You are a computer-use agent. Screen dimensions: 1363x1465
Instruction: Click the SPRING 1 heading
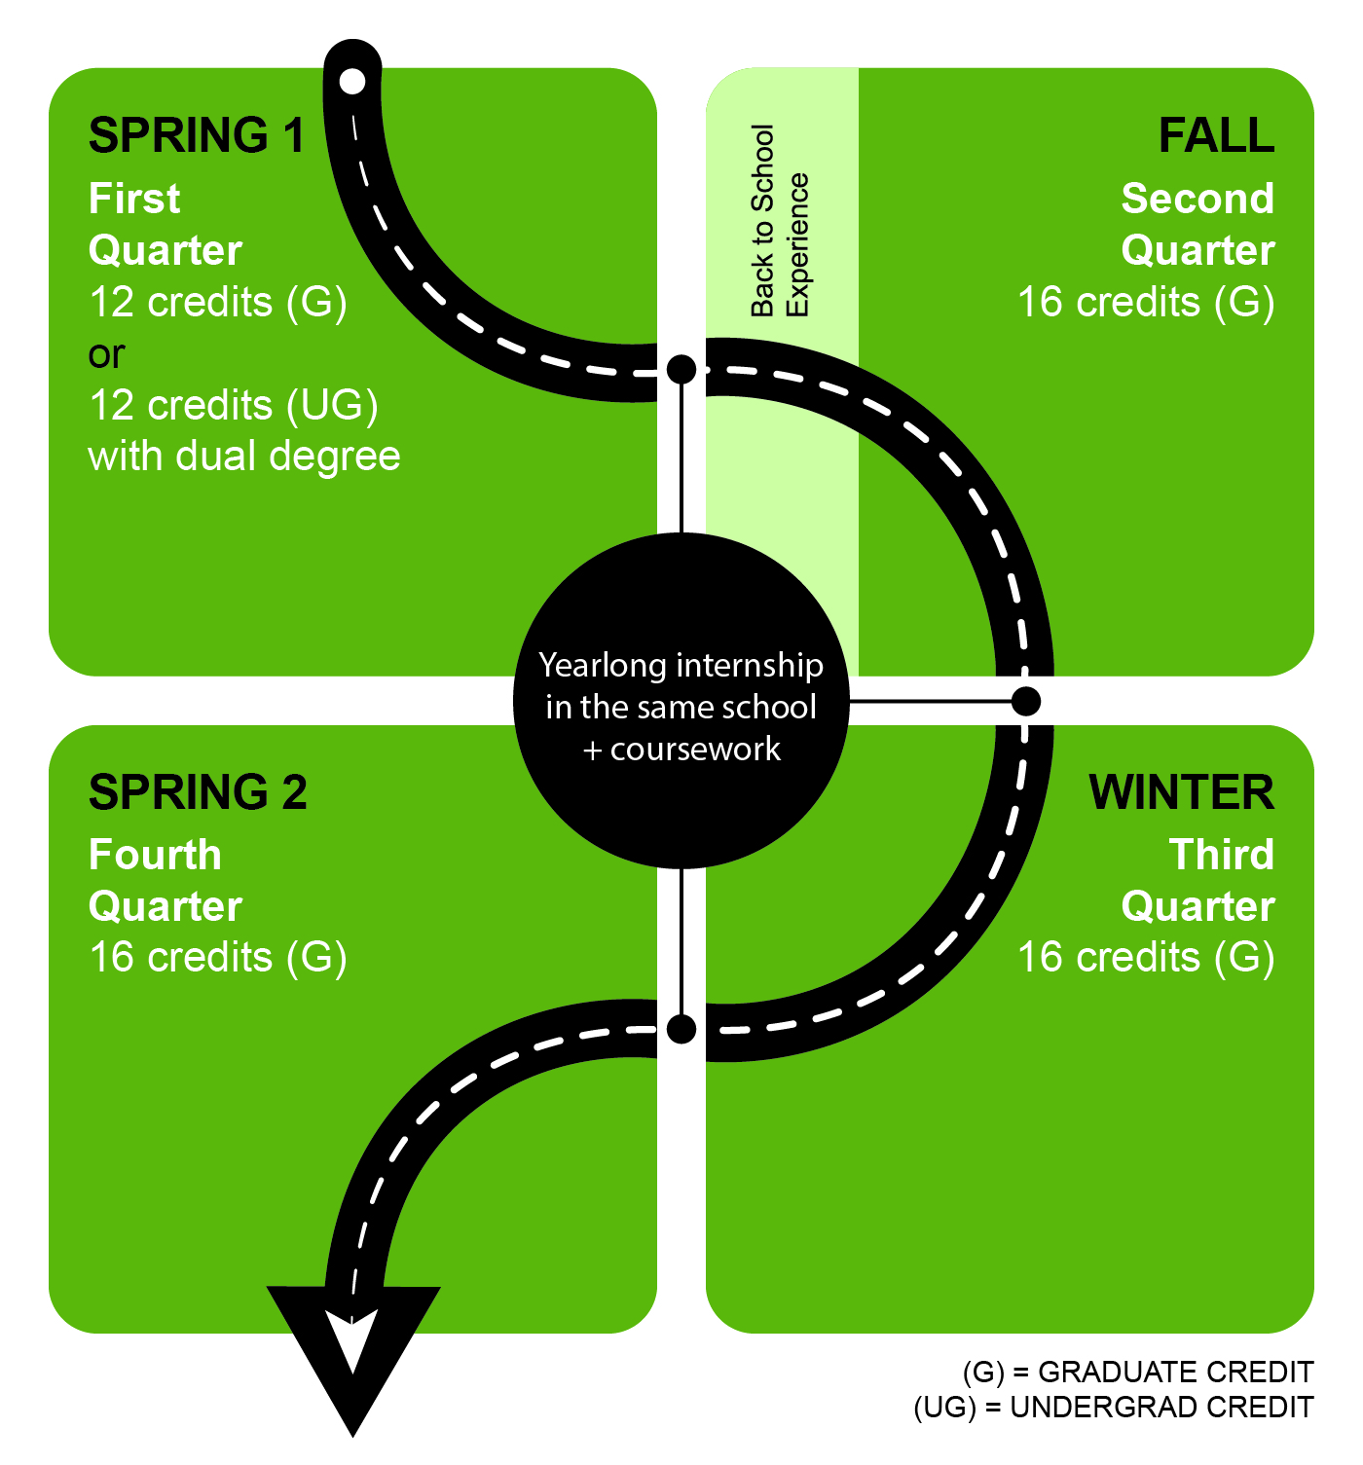pyautogui.click(x=197, y=135)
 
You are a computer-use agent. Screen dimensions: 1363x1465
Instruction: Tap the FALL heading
pyautogui.click(x=1216, y=135)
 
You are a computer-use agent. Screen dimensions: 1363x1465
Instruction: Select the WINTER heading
pyautogui.click(x=1182, y=792)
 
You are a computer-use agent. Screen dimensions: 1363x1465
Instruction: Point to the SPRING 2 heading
pyautogui.click(x=198, y=792)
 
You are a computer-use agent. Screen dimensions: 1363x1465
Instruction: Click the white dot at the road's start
pyautogui.click(x=352, y=81)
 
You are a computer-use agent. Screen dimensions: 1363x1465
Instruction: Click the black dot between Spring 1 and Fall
pyautogui.click(x=681, y=369)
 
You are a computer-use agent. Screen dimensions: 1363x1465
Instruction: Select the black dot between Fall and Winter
pyautogui.click(x=1026, y=701)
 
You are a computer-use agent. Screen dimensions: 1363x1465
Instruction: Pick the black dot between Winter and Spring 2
pyautogui.click(x=681, y=1029)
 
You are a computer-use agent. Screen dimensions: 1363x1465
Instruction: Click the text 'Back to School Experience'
pyautogui.click(x=779, y=221)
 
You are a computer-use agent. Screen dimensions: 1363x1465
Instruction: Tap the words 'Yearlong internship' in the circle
pyautogui.click(x=681, y=666)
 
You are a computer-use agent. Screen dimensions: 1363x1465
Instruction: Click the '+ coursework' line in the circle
pyautogui.click(x=681, y=749)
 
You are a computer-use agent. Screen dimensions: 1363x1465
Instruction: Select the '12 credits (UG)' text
pyautogui.click(x=234, y=405)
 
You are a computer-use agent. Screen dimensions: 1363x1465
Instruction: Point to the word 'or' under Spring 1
pyautogui.click(x=106, y=355)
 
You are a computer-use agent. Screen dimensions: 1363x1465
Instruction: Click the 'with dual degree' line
pyautogui.click(x=244, y=456)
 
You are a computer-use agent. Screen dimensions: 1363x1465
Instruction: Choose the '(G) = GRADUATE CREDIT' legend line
pyautogui.click(x=1138, y=1373)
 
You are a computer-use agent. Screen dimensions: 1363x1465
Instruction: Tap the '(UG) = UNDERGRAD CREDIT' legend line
pyautogui.click(x=1114, y=1408)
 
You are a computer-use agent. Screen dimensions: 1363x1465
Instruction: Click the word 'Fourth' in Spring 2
pyautogui.click(x=155, y=855)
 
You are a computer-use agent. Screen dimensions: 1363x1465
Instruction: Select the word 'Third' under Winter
pyautogui.click(x=1221, y=855)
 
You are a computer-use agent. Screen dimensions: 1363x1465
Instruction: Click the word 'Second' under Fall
pyautogui.click(x=1197, y=199)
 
